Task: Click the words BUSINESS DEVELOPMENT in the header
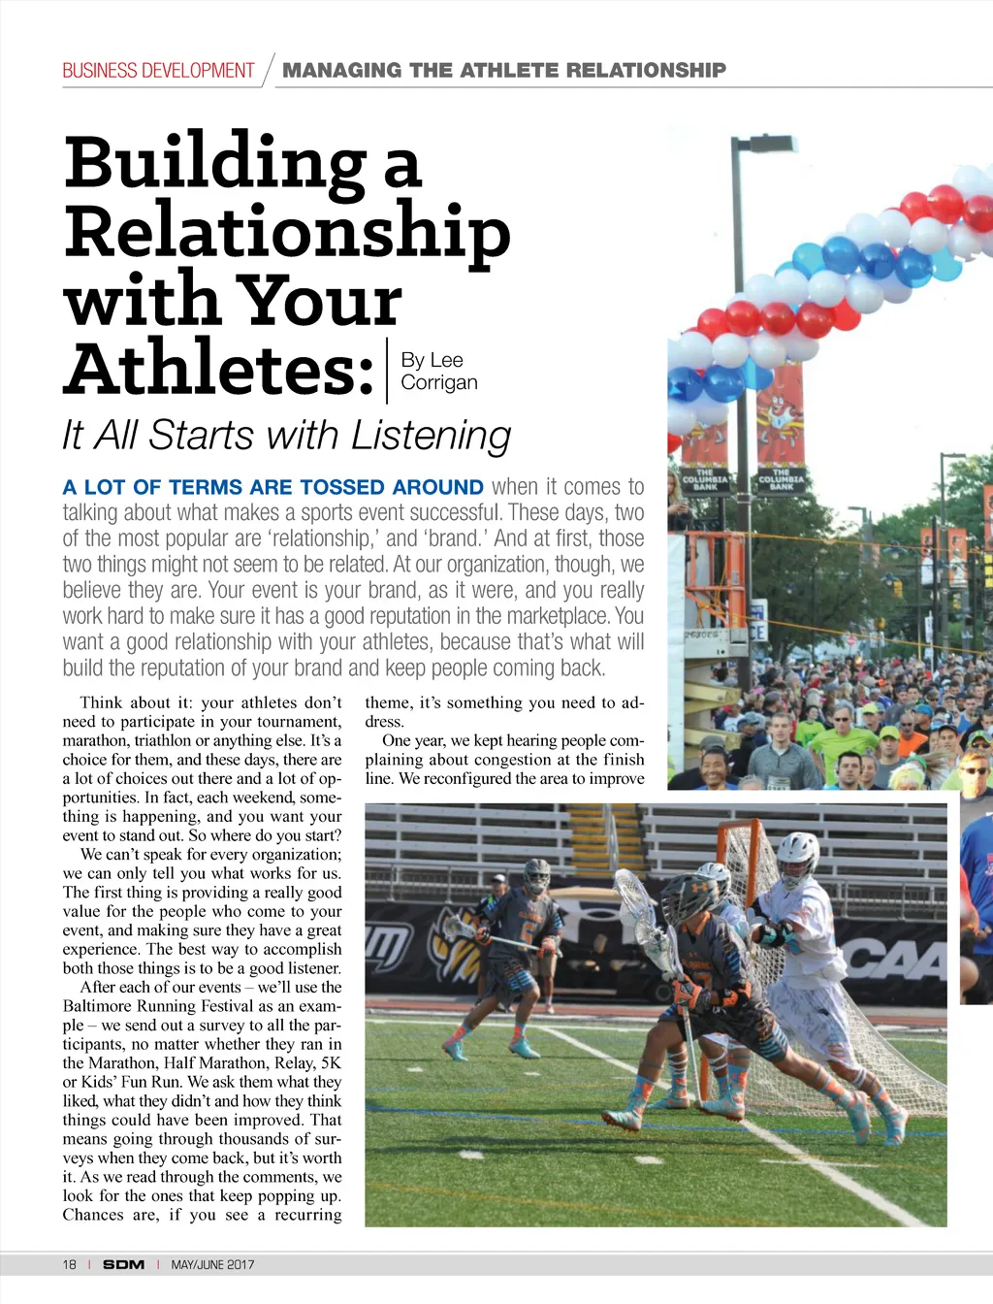(158, 71)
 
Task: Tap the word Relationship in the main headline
(287, 231)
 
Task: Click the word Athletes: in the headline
(220, 369)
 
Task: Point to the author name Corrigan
(439, 382)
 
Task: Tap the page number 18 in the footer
(69, 1264)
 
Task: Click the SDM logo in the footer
(123, 1264)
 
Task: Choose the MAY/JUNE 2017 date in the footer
(212, 1264)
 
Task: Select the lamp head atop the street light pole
(768, 143)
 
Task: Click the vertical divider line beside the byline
(387, 370)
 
